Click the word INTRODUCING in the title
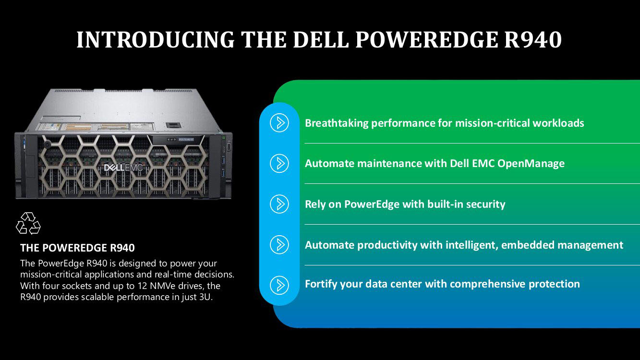click(155, 40)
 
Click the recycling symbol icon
click(28, 224)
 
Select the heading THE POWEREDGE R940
click(77, 248)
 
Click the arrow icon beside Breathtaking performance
click(279, 123)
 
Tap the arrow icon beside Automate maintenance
click(279, 163)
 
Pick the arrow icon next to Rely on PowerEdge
click(279, 204)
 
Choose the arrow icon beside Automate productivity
click(279, 245)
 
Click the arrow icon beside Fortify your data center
click(279, 285)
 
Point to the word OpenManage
click(531, 164)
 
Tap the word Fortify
click(321, 284)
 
